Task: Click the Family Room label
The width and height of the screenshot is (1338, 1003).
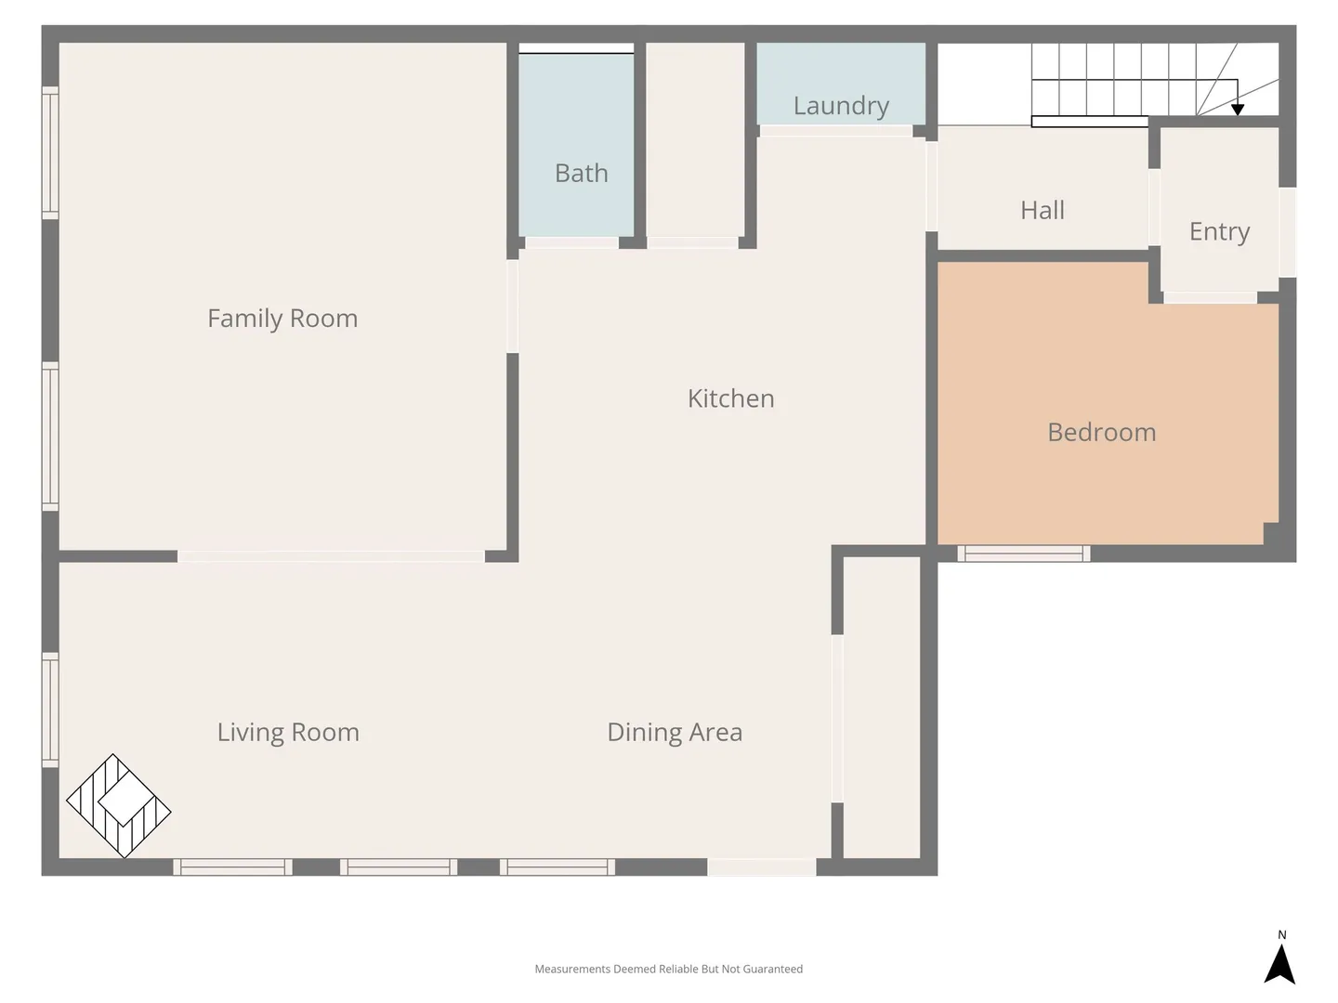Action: [x=282, y=319]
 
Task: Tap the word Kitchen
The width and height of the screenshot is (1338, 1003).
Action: [x=731, y=399]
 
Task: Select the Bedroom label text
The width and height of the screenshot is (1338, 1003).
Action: [x=1101, y=433]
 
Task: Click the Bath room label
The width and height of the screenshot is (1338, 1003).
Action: [x=582, y=174]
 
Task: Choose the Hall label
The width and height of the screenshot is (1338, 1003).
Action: [x=1043, y=211]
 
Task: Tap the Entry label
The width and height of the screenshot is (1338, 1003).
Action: [x=1219, y=232]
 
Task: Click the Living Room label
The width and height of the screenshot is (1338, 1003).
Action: [x=288, y=733]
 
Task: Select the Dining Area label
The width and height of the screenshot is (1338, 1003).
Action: [x=675, y=733]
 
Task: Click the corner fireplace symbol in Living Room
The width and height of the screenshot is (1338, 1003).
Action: [x=118, y=806]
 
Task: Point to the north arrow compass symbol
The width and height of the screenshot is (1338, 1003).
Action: [x=1279, y=964]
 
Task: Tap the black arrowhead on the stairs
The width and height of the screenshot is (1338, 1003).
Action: [x=1238, y=110]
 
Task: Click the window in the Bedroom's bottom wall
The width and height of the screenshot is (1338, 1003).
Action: [x=1023, y=554]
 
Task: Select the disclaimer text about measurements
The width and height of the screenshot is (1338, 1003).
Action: [x=669, y=969]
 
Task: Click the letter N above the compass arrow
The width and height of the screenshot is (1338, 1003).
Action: [x=1282, y=935]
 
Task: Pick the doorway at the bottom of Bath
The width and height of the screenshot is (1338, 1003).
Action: [x=571, y=243]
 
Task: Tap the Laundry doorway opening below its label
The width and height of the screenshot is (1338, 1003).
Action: [x=836, y=131]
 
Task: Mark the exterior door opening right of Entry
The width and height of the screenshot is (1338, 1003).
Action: [x=1288, y=232]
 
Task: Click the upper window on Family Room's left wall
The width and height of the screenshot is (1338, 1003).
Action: [x=50, y=152]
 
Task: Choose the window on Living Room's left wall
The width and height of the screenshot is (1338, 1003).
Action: [x=50, y=710]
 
